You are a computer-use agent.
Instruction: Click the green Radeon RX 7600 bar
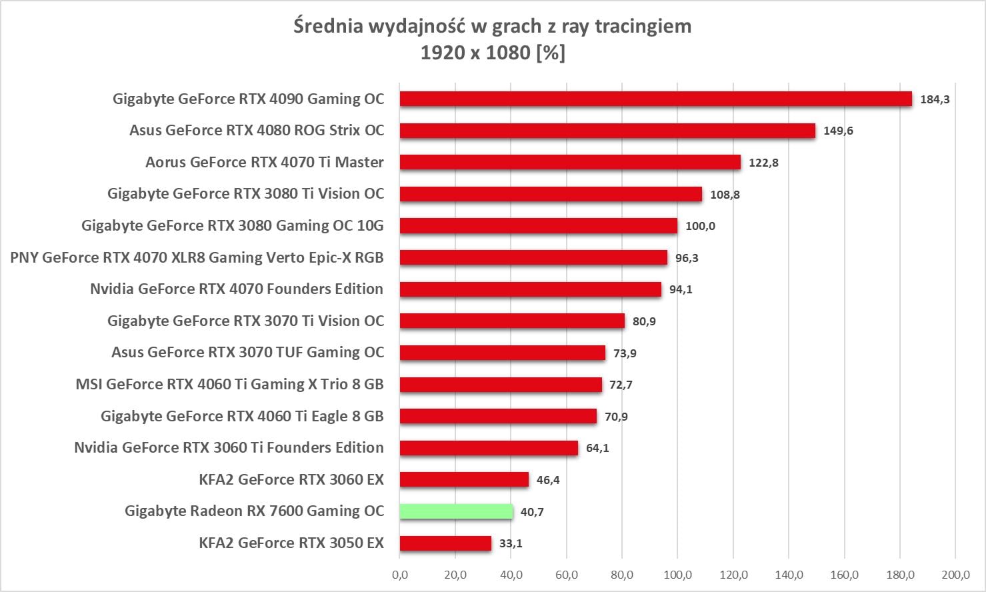(x=456, y=511)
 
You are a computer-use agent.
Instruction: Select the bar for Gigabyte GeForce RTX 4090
(x=655, y=99)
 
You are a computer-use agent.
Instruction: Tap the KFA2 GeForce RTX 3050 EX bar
(x=445, y=543)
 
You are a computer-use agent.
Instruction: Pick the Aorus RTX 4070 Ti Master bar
(x=570, y=162)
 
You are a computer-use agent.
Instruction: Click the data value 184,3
(x=935, y=99)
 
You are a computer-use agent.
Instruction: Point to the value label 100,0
(x=700, y=226)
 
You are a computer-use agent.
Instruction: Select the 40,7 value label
(x=532, y=512)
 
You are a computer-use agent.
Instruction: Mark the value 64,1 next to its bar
(x=597, y=448)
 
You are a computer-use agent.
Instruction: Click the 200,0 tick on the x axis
(x=955, y=574)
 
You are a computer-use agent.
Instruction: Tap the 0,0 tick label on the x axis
(x=400, y=574)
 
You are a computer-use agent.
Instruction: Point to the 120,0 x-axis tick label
(x=733, y=574)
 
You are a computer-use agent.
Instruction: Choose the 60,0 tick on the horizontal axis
(x=567, y=574)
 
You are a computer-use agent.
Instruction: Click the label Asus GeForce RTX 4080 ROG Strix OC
(x=257, y=130)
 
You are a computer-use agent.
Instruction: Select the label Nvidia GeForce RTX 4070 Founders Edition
(x=237, y=289)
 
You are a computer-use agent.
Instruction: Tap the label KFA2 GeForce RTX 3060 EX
(x=291, y=479)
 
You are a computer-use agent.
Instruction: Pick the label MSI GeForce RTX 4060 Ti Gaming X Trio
(x=229, y=384)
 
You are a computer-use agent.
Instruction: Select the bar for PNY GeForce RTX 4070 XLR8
(x=533, y=257)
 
